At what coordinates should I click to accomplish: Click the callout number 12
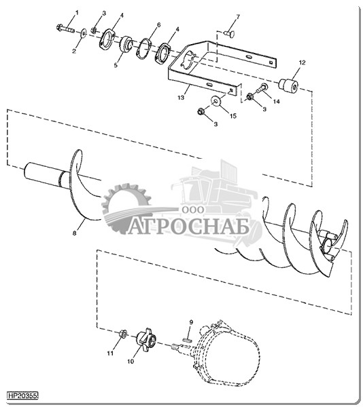302,62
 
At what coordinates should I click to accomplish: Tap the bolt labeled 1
65,28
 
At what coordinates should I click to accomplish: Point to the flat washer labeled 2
84,33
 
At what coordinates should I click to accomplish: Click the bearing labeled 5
126,44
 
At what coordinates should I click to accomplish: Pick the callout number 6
158,25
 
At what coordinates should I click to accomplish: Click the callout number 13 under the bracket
181,98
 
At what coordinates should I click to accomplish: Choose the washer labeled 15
215,100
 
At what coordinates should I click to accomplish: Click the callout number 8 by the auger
75,233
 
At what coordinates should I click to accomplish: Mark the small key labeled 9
187,339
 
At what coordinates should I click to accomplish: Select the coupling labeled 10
146,340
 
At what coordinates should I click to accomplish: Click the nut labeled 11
123,334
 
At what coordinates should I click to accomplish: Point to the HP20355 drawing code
23,395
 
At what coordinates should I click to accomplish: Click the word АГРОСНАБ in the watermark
189,227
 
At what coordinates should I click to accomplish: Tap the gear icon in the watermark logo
124,207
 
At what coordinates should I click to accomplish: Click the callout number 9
191,322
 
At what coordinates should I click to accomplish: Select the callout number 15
233,116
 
